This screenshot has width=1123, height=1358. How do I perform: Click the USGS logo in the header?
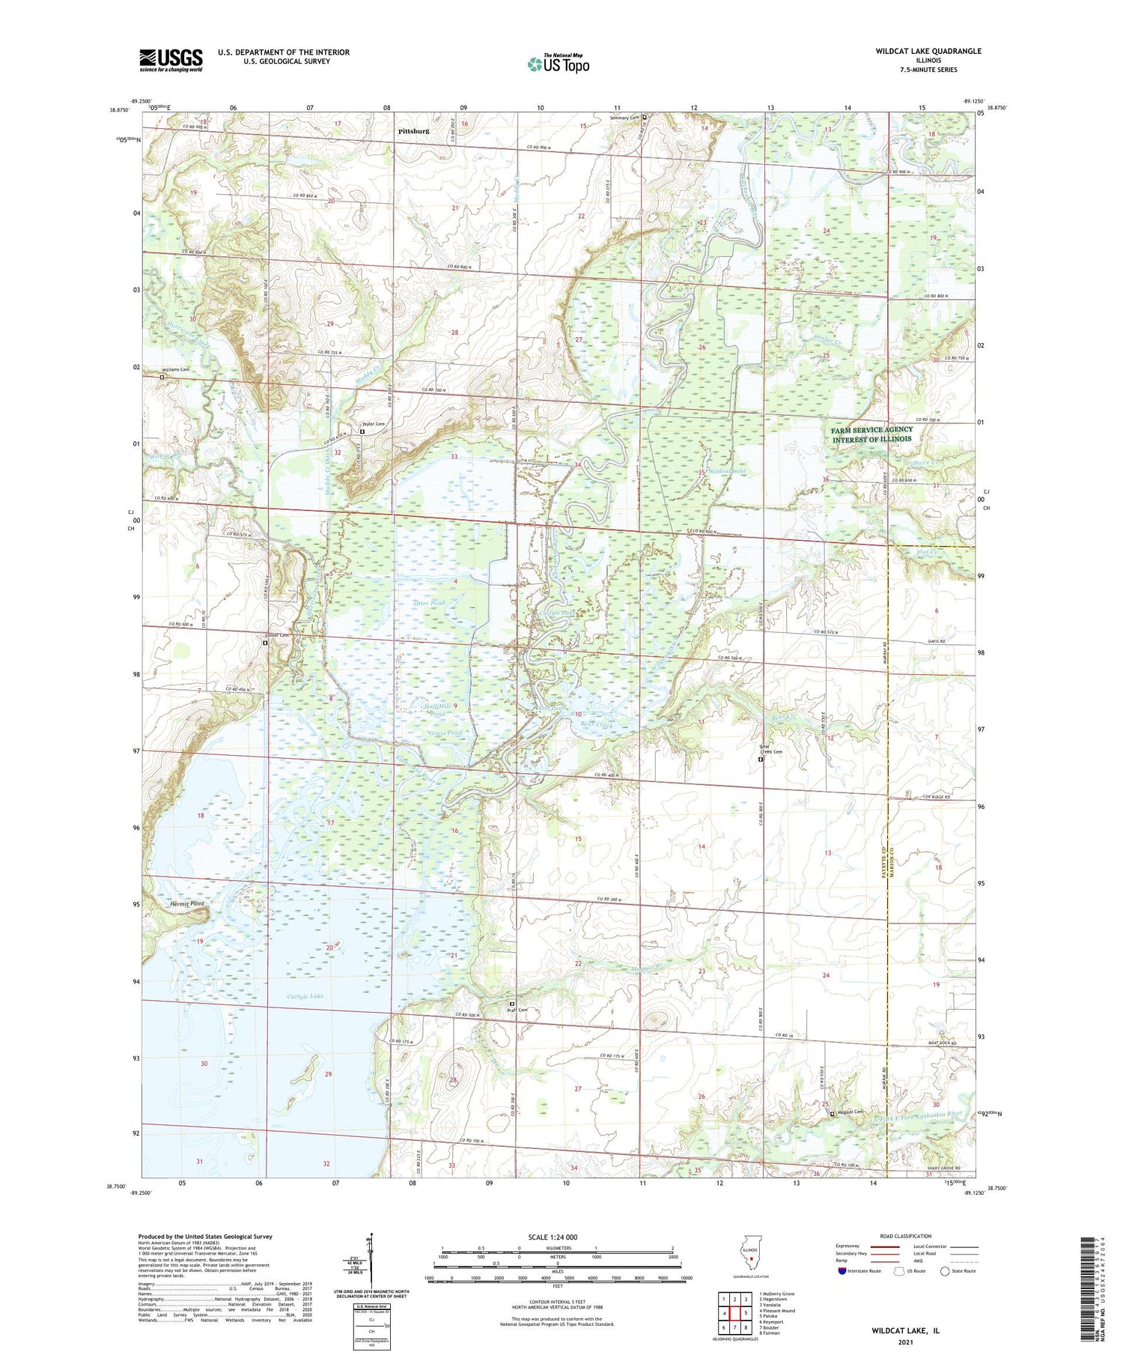[x=171, y=60]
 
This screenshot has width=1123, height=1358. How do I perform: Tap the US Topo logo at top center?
[x=558, y=64]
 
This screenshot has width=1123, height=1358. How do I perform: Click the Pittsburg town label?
[x=414, y=131]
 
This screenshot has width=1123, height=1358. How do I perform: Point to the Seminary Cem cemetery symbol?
[x=644, y=118]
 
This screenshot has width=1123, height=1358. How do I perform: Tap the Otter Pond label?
[x=429, y=603]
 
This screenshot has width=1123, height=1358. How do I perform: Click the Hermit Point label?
[x=187, y=904]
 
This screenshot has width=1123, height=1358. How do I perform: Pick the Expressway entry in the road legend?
[x=850, y=1246]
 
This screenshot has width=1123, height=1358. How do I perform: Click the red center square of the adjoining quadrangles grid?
[x=735, y=1312]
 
